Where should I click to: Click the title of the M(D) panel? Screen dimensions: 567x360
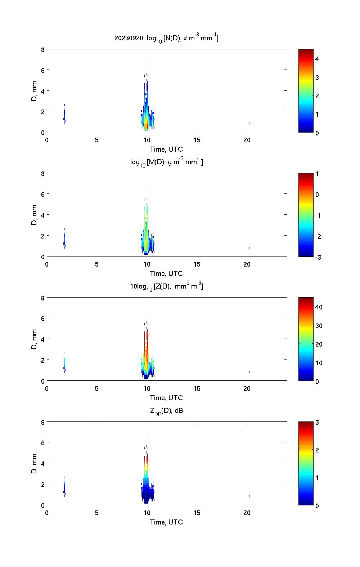coord(166,162)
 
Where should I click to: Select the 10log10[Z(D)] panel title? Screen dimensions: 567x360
coord(166,286)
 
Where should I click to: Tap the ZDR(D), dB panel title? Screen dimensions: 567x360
coord(166,411)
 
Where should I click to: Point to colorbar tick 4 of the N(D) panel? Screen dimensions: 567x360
coord(317,59)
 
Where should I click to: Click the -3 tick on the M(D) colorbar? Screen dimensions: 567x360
coord(317,257)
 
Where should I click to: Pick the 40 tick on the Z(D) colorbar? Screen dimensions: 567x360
coord(319,307)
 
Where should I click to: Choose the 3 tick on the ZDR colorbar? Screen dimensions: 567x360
coord(317,422)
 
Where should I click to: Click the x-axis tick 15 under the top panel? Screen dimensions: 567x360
coord(197,140)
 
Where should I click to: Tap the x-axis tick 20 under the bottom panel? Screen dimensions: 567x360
coord(247,513)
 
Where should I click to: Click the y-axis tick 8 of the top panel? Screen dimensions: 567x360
coord(42,50)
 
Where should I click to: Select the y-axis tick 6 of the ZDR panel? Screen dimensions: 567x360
coord(42,443)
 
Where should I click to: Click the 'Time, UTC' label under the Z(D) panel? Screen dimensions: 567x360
coord(166,398)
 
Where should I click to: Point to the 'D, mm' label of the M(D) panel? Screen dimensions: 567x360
coord(35,215)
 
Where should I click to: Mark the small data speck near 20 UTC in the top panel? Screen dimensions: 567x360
coord(249,123)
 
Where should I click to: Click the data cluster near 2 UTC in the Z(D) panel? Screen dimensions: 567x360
coord(64,364)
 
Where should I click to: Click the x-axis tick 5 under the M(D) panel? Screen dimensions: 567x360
coord(97,264)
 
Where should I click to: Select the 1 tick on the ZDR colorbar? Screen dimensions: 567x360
coord(317,478)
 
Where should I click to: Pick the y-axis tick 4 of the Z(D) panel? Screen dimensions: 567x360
coord(42,339)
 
